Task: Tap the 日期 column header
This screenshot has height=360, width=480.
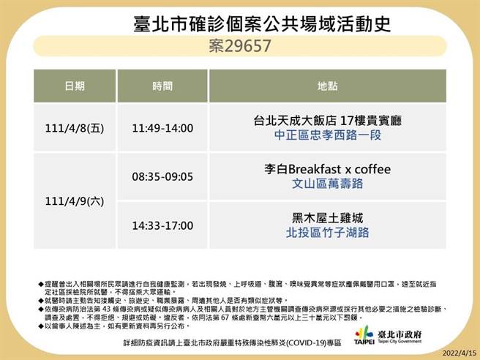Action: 74,86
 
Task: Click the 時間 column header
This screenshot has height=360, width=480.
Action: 162,86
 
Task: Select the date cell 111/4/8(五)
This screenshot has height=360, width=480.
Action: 74,128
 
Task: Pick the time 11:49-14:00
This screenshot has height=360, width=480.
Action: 162,128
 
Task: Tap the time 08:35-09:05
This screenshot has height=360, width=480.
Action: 162,176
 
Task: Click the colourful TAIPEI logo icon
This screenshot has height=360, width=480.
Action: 363,330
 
